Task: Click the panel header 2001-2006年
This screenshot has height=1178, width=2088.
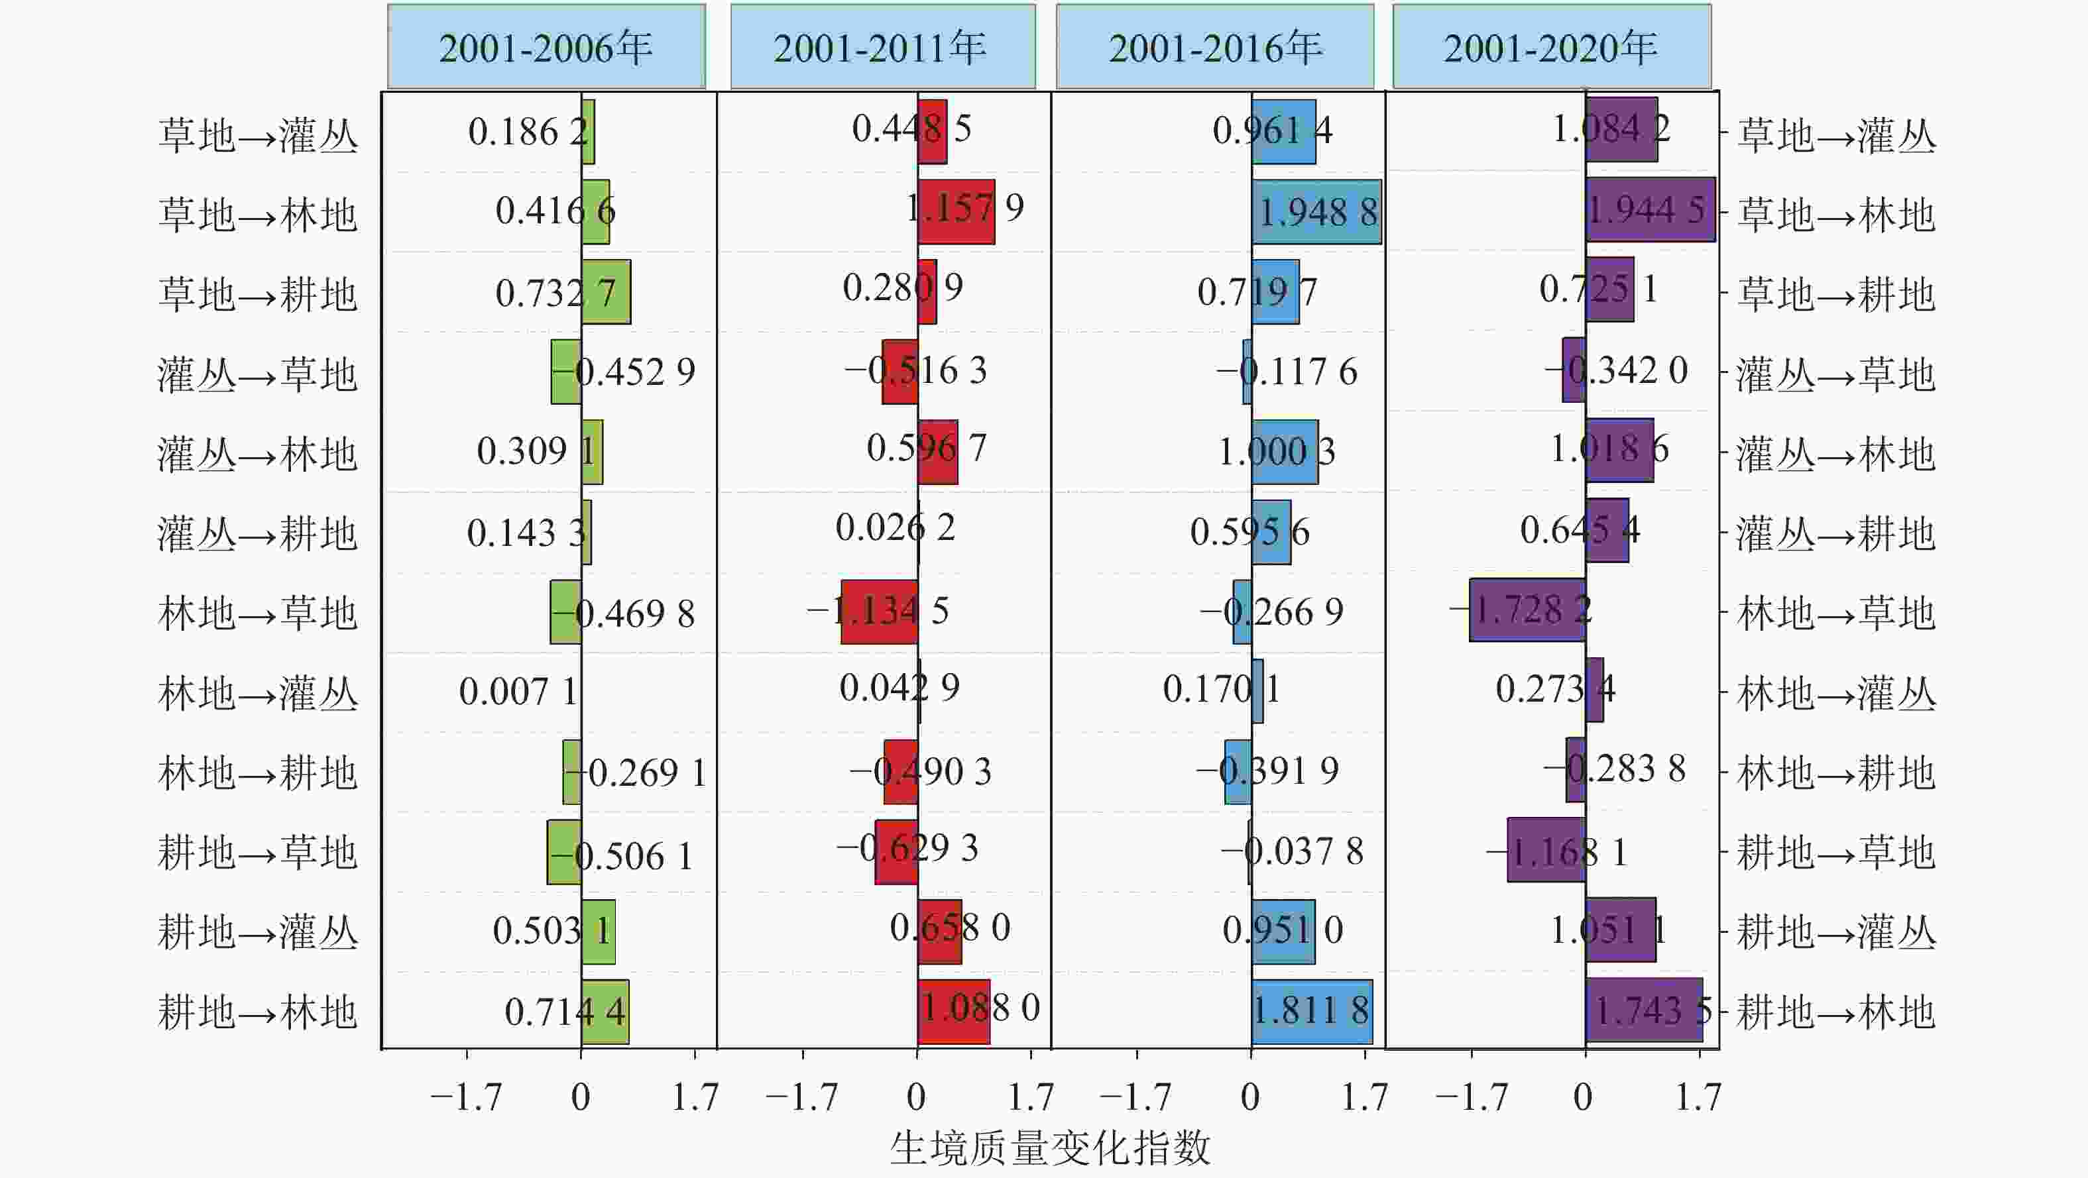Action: (546, 47)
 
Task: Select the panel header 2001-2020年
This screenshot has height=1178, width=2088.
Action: (1551, 47)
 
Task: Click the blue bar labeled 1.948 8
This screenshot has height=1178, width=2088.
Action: (1316, 212)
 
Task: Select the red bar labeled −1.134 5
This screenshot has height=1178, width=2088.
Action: (880, 612)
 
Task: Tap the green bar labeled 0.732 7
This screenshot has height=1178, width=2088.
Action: (605, 292)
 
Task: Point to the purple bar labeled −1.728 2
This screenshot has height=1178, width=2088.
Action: (1527, 610)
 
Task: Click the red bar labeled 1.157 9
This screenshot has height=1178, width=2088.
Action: (956, 211)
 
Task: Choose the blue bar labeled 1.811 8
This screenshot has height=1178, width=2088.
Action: (1312, 1011)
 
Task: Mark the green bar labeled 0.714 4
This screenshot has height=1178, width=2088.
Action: (605, 1011)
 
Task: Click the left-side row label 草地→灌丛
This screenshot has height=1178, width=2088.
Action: (258, 134)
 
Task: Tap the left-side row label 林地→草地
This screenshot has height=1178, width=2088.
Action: (258, 614)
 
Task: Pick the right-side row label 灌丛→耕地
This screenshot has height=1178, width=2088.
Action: (1836, 534)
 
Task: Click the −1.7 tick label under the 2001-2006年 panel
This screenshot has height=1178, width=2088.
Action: (466, 1098)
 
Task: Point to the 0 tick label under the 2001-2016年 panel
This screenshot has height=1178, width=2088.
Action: (1250, 1098)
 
